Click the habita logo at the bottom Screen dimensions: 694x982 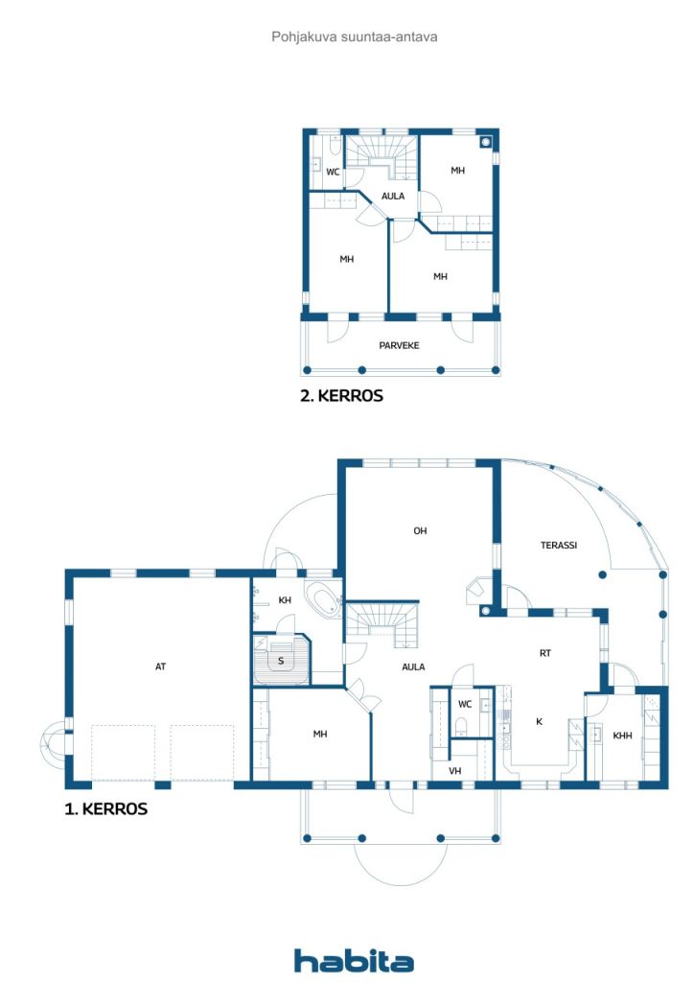click(354, 960)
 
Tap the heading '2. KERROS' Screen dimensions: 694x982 click(341, 396)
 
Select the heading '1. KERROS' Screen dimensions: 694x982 click(105, 808)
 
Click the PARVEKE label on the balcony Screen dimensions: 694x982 click(399, 345)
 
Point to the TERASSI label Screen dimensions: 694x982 click(558, 545)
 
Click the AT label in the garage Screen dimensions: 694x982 click(161, 666)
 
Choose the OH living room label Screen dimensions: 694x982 click(420, 530)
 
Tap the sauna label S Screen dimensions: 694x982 click(281, 661)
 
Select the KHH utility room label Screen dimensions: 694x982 click(622, 736)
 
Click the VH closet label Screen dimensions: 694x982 click(455, 770)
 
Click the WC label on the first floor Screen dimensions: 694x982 click(464, 704)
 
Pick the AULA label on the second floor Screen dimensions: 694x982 click(393, 196)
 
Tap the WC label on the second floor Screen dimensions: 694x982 click(333, 172)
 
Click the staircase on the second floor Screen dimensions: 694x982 click(382, 156)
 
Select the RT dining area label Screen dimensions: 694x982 click(545, 652)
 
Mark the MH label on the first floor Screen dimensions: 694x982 click(320, 734)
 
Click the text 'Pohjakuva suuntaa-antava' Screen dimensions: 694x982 click(355, 37)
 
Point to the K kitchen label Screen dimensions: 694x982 click(539, 721)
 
